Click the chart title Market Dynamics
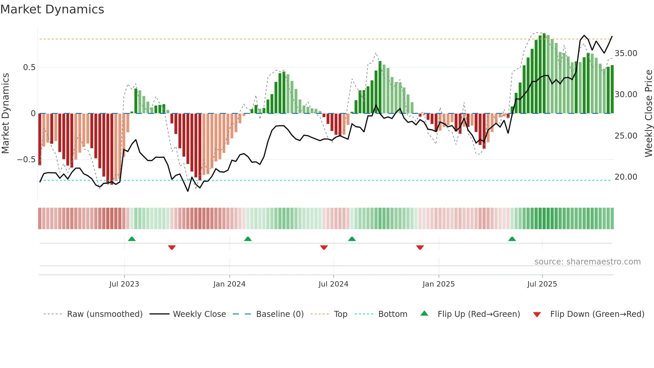click(52, 9)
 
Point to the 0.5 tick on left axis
click(29, 67)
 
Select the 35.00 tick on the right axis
click(626, 53)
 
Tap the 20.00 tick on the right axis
click(626, 177)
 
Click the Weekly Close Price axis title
click(648, 113)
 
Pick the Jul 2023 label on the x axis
click(124, 284)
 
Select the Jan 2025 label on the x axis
click(438, 284)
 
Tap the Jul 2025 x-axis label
click(542, 284)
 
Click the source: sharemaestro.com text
click(587, 262)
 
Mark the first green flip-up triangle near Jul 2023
click(132, 239)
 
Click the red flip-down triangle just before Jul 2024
click(324, 247)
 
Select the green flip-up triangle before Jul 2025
click(512, 239)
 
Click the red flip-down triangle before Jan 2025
click(420, 247)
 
